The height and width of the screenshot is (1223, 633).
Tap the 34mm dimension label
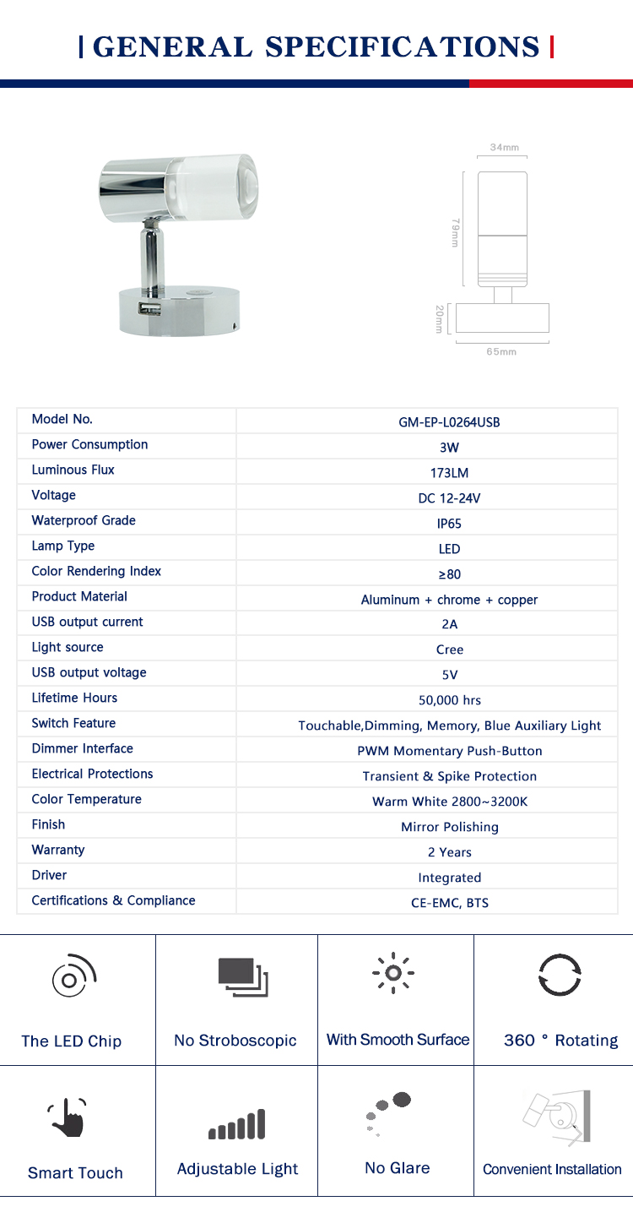click(x=504, y=148)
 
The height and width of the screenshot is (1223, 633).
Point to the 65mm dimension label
click(x=501, y=351)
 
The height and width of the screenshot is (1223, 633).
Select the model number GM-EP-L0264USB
click(x=449, y=422)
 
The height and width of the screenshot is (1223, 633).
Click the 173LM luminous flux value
click(x=449, y=473)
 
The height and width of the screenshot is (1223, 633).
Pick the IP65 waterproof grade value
click(x=449, y=524)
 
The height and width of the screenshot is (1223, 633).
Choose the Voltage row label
click(x=53, y=496)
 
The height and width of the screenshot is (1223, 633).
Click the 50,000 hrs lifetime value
click(x=449, y=700)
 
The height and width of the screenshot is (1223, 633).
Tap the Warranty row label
click(x=58, y=851)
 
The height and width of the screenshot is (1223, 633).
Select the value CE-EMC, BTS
click(x=449, y=903)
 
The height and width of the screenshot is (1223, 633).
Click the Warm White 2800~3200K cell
click(x=449, y=802)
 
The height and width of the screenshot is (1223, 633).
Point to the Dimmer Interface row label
click(x=82, y=749)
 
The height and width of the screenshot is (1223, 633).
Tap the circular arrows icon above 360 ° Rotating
click(x=560, y=976)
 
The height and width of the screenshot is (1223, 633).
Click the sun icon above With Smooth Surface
click(x=393, y=974)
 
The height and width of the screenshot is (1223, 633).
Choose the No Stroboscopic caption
click(x=235, y=1041)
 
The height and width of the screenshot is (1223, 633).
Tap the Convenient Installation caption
click(x=552, y=1170)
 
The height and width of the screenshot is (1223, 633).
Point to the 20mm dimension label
click(x=439, y=319)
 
